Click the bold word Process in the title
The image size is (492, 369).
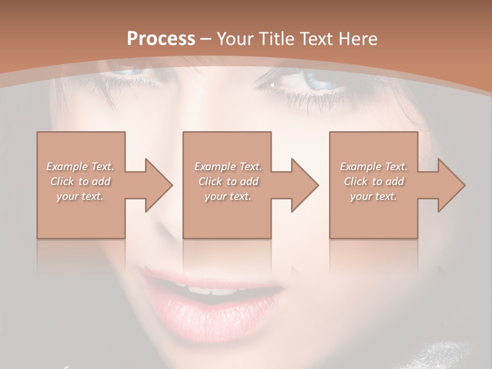point(161,39)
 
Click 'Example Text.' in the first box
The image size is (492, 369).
point(80,167)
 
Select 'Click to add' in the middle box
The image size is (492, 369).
point(228,181)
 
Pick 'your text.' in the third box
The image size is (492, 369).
point(374,196)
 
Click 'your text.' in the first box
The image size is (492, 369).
point(80,196)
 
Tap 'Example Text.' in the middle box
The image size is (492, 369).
point(228,167)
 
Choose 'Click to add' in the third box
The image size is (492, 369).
point(374,181)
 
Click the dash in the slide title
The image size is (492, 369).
point(206,39)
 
